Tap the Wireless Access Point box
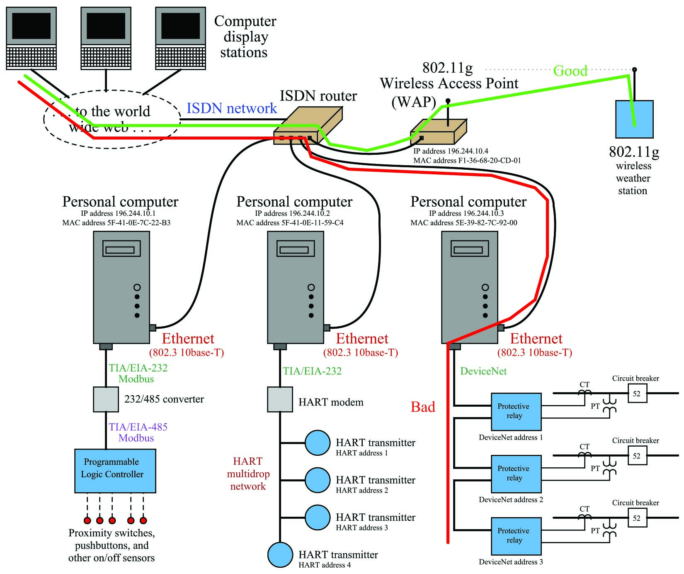[x=438, y=132]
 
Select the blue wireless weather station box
[x=634, y=119]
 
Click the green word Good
[x=570, y=71]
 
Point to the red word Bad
[x=423, y=407]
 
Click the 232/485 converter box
[x=106, y=399]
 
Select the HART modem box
[x=280, y=399]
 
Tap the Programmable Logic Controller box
[x=115, y=471]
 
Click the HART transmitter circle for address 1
[x=318, y=443]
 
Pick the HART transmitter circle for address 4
[x=280, y=555]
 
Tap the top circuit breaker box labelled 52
[x=637, y=393]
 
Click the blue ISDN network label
[x=232, y=108]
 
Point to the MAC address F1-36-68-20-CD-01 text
[x=467, y=161]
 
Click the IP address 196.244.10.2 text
[x=292, y=213]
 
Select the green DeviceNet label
[x=483, y=371]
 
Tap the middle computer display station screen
[x=106, y=26]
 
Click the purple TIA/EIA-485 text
[x=138, y=427]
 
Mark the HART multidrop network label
[x=248, y=474]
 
